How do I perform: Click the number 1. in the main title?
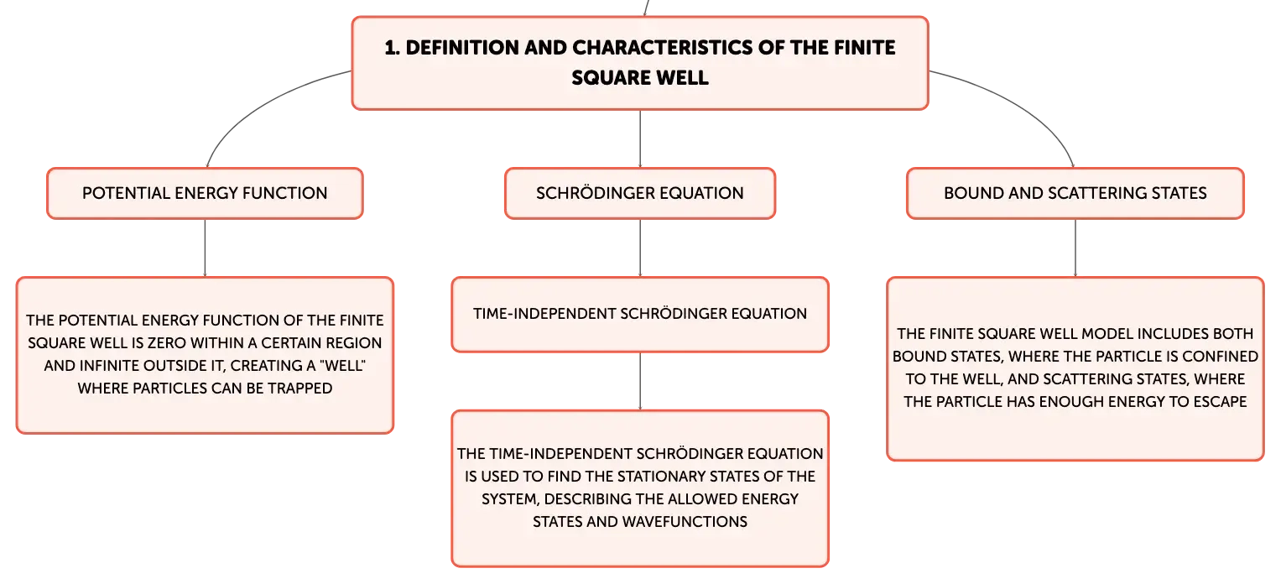click(392, 48)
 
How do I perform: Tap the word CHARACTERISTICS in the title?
click(662, 48)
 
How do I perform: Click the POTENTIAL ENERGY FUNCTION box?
click(205, 193)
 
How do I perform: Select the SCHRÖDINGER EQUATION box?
click(640, 193)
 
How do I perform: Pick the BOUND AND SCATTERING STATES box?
click(1075, 193)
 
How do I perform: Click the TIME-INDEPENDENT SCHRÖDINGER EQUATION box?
click(640, 315)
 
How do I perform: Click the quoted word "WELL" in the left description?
click(343, 366)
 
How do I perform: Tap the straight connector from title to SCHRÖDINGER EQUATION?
click(640, 138)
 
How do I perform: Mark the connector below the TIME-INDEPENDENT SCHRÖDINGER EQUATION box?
click(640, 381)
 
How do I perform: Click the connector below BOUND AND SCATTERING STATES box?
click(1075, 248)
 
